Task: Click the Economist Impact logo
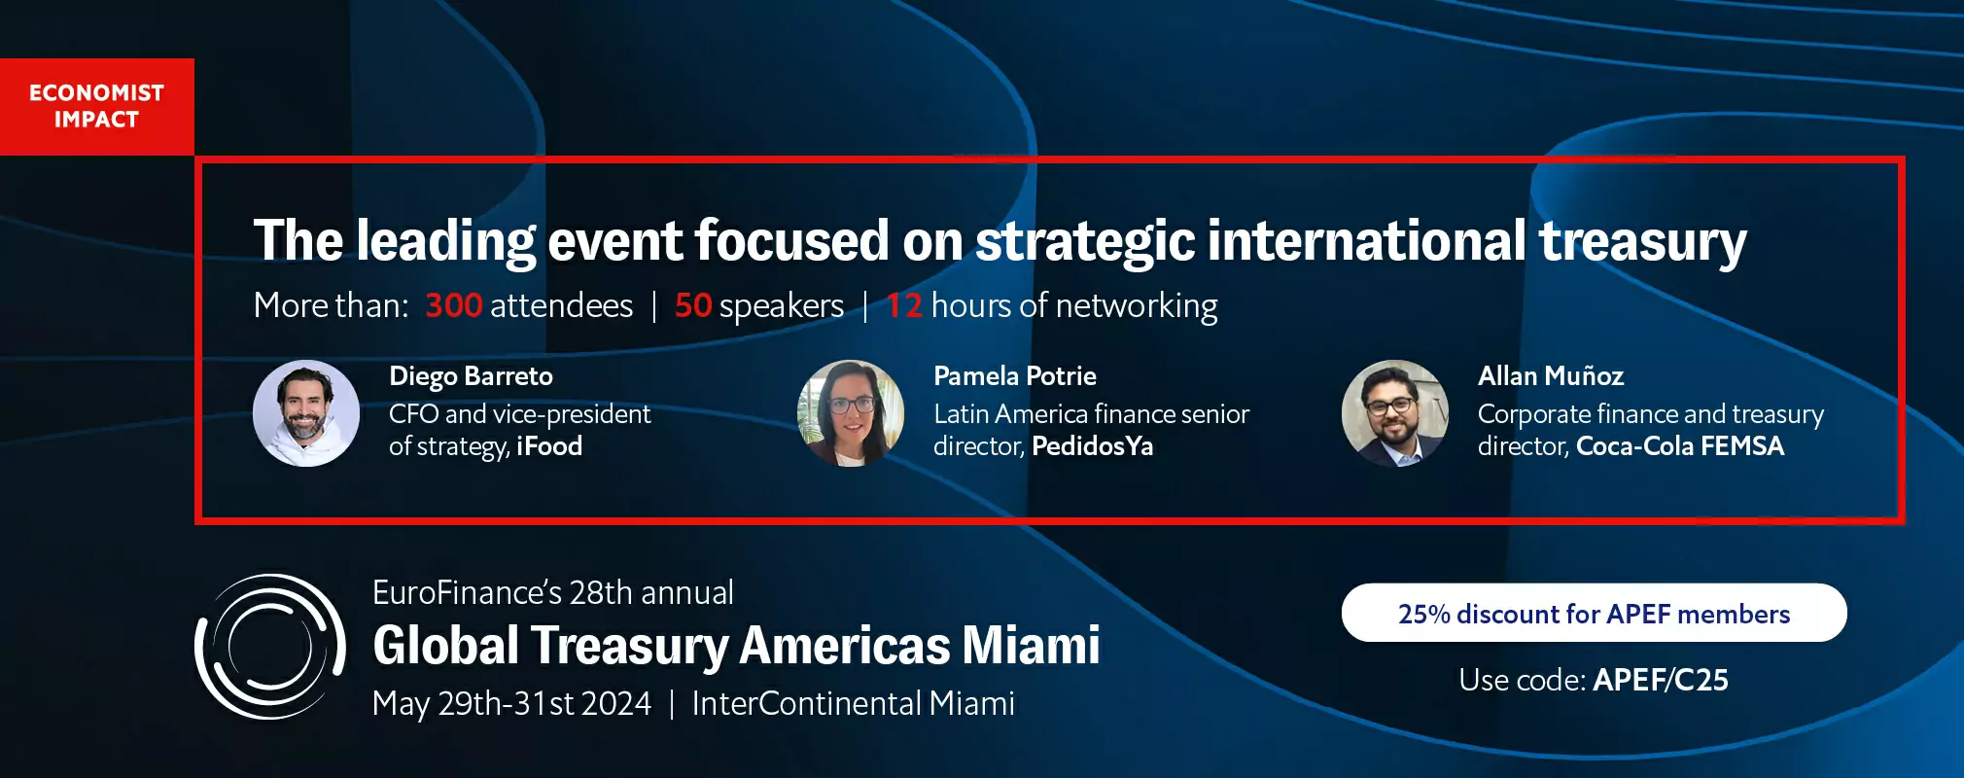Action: tap(97, 106)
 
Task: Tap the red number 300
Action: tap(453, 305)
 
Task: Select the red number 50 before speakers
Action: tap(693, 305)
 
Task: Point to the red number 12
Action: tap(904, 305)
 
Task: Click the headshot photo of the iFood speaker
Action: tap(306, 413)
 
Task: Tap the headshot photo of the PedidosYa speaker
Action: tap(851, 413)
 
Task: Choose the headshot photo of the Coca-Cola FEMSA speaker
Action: tap(1395, 413)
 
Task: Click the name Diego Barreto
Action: tap(471, 376)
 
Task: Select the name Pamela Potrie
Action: tap(1015, 376)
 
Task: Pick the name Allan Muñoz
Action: tap(1551, 375)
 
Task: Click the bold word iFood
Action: tap(549, 446)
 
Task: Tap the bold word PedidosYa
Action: tap(1093, 446)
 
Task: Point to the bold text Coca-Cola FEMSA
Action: tap(1680, 446)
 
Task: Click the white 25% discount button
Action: tap(1595, 613)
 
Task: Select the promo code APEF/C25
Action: tap(1661, 680)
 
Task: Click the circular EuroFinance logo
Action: tap(269, 647)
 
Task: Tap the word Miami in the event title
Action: tap(1031, 645)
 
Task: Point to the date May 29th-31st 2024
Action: tap(511, 703)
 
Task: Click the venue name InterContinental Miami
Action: tap(853, 703)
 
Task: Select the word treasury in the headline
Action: tap(1643, 242)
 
